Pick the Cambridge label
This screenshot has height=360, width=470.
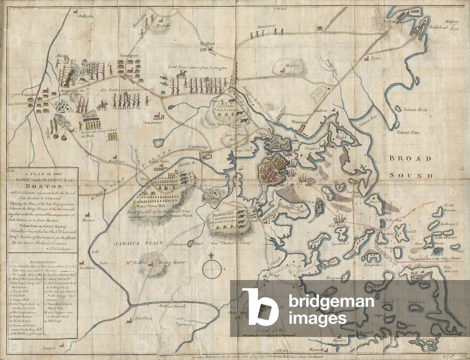pos(198,147)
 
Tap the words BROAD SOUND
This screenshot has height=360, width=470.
pos(410,166)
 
